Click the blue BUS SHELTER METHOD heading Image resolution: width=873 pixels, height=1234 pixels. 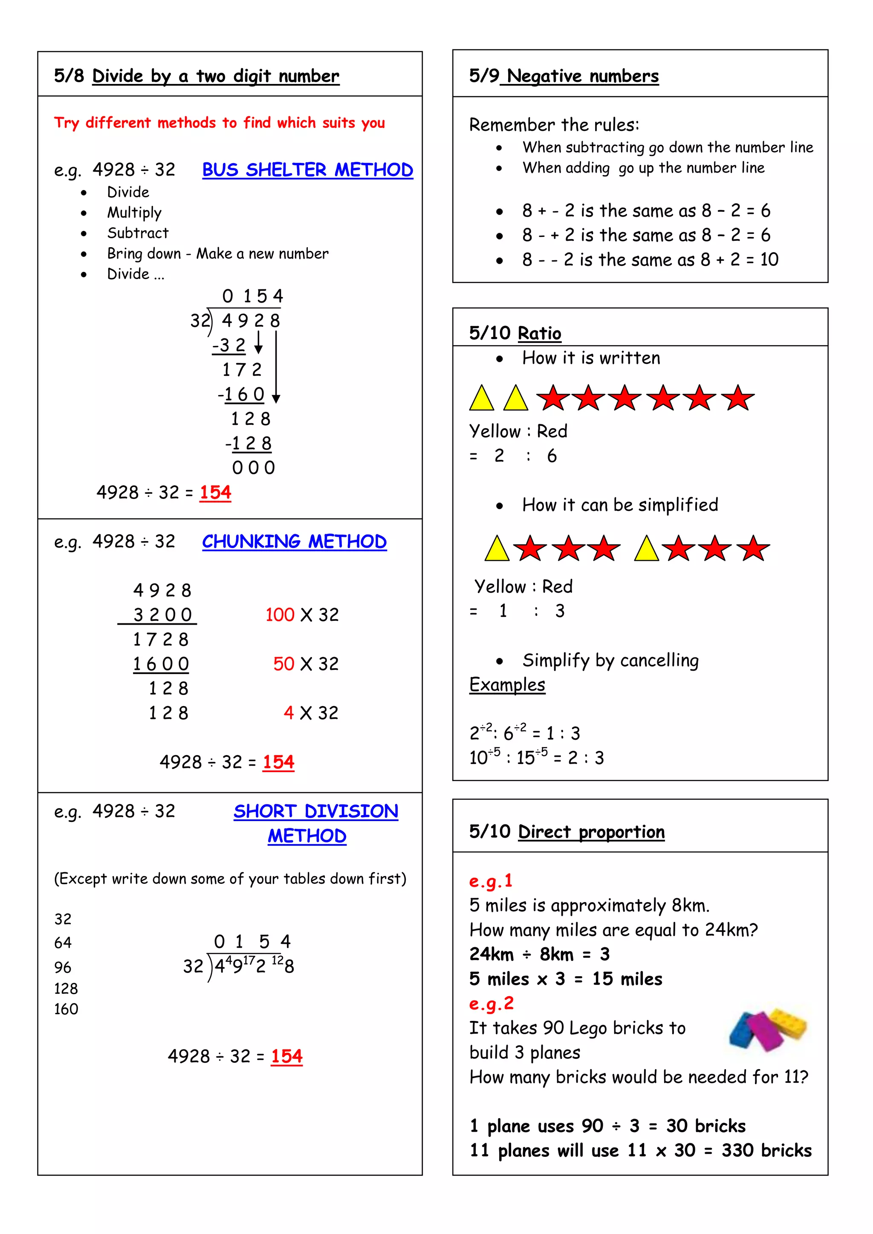click(x=307, y=170)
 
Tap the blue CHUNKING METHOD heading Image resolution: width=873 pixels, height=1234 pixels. click(x=294, y=541)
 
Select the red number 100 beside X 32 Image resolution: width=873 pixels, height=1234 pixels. click(x=280, y=615)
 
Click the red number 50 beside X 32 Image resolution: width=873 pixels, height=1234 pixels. click(x=283, y=664)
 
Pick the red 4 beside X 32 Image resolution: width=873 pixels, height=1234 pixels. click(x=289, y=713)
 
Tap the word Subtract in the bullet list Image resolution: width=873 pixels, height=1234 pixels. click(x=138, y=233)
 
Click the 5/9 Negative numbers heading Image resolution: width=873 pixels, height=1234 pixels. click(x=564, y=76)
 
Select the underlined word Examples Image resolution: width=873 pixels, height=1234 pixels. click(x=507, y=685)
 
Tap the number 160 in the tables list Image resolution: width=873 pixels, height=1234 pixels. click(x=66, y=1009)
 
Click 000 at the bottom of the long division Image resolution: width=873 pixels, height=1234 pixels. click(x=253, y=467)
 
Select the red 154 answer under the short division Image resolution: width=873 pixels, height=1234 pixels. click(x=286, y=1056)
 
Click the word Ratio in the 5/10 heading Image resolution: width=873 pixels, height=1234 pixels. click(x=539, y=333)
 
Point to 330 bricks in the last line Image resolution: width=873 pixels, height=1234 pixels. click(x=766, y=1150)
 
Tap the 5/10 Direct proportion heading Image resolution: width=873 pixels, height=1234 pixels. click(x=567, y=831)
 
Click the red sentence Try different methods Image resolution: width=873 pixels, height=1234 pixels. click(x=220, y=123)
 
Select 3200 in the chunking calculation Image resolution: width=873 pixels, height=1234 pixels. click(x=162, y=615)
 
